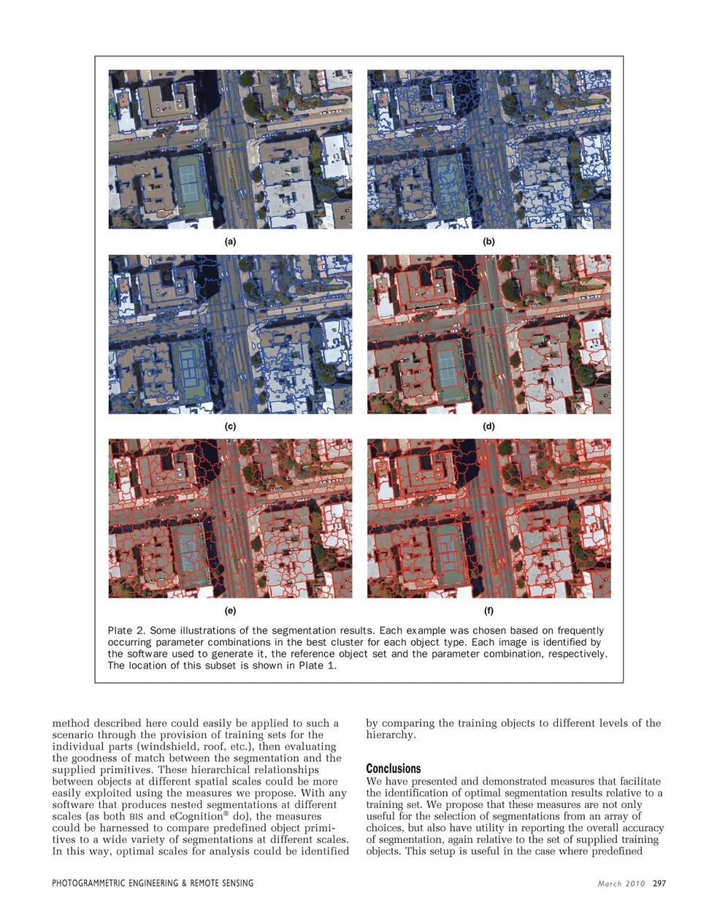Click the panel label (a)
[x=230, y=241]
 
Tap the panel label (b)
[x=489, y=241]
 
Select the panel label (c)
[x=230, y=426]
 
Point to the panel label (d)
[x=489, y=426]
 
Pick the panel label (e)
[x=230, y=610]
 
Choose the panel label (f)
[x=489, y=610]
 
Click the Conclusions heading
[x=394, y=769]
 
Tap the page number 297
[x=659, y=883]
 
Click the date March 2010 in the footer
[x=621, y=883]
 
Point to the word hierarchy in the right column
[x=391, y=735]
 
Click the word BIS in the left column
[x=137, y=817]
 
